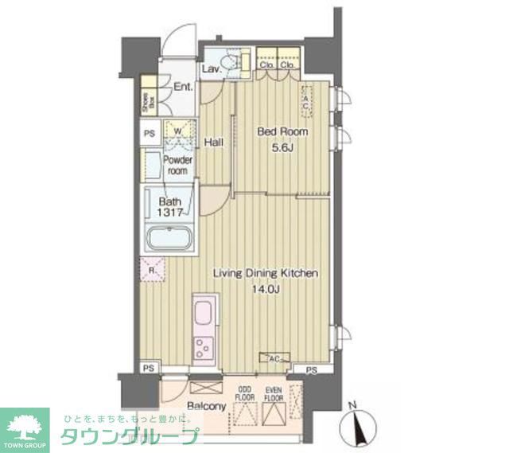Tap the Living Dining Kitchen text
pyautogui.click(x=266, y=274)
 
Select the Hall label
pyautogui.click(x=212, y=143)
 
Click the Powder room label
pyautogui.click(x=178, y=165)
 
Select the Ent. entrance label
pyautogui.click(x=183, y=88)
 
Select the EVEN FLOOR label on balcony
pyautogui.click(x=274, y=392)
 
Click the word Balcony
pyautogui.click(x=207, y=406)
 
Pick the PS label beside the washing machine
pyautogui.click(x=150, y=134)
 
